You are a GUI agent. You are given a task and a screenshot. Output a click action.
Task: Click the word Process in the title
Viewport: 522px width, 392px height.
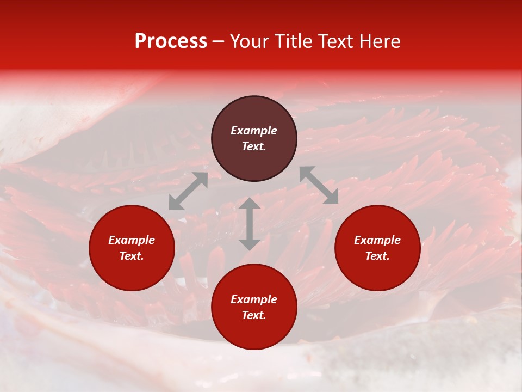tap(171, 41)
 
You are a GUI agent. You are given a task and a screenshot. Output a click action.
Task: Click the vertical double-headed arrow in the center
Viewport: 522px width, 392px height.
tap(250, 224)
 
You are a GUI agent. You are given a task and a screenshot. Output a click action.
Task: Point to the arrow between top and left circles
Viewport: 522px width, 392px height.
tap(188, 191)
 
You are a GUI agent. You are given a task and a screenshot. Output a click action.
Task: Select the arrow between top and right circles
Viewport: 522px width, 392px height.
tap(319, 185)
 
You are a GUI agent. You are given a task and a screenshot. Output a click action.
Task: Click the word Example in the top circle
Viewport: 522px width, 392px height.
tap(254, 131)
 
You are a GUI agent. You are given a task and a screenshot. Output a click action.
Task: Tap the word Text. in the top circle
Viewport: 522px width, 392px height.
tap(254, 146)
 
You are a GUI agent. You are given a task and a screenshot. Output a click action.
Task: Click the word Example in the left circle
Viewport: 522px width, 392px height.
tap(132, 240)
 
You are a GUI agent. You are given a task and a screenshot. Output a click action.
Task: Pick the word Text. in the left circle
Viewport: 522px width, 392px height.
tap(132, 256)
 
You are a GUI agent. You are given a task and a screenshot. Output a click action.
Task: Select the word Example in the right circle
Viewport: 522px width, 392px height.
tap(377, 240)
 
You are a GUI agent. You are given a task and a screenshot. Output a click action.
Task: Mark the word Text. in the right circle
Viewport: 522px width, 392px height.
tap(377, 256)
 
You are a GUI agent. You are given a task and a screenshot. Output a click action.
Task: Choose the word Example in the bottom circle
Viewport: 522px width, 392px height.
tap(254, 299)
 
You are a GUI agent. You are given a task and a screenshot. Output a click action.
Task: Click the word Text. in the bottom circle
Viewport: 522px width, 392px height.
tap(254, 315)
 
